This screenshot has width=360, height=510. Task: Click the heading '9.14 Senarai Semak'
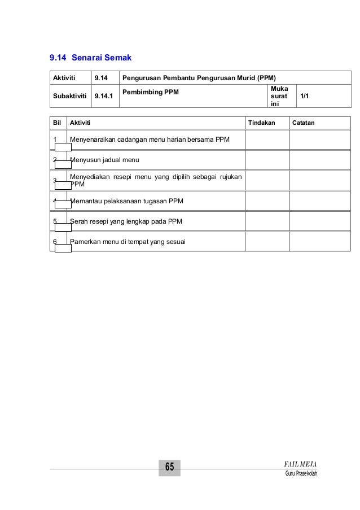(90, 58)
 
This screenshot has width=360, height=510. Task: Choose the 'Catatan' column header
(303, 123)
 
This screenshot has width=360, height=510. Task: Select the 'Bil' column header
(56, 123)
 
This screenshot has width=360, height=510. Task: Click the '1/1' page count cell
(304, 96)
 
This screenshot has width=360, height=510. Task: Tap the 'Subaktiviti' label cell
(69, 96)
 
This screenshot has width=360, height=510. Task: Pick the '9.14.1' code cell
(103, 96)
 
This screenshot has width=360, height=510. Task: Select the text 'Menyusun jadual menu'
(104, 160)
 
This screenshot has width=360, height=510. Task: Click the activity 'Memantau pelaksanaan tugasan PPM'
(126, 200)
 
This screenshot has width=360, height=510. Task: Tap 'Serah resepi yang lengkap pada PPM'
(126, 221)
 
